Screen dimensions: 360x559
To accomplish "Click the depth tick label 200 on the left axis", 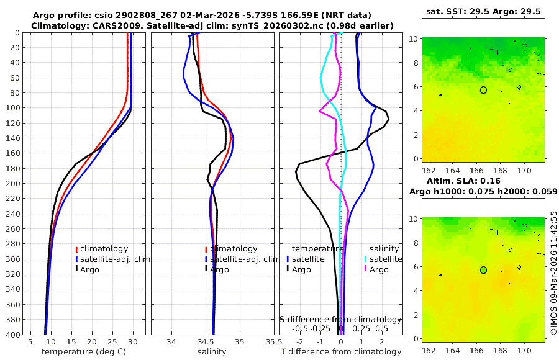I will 12,183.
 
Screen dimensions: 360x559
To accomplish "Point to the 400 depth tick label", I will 12,335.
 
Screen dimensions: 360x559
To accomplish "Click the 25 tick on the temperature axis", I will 112,342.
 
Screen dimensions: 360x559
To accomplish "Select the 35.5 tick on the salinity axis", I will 270,342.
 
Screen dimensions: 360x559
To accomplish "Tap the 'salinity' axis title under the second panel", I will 211,352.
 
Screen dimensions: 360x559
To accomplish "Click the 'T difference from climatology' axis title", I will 340,352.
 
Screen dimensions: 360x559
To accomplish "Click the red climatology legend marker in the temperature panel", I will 76,249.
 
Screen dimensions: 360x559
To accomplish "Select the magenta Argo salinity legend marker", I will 366,269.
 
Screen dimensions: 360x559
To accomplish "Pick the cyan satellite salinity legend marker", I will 366,259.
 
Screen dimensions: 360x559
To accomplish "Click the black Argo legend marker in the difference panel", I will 288,269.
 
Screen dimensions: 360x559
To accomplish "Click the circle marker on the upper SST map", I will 483,90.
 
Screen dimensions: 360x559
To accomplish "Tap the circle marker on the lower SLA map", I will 483,270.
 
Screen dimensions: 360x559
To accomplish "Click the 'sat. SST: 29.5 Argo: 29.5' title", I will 484,11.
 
